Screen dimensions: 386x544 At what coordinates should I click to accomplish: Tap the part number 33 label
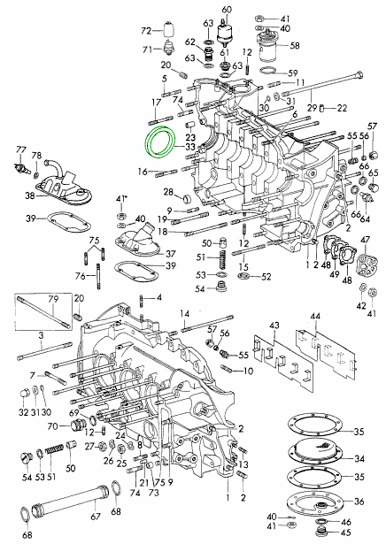190,147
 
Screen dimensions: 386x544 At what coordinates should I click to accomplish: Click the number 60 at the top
227,10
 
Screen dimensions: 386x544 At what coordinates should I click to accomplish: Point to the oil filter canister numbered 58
268,47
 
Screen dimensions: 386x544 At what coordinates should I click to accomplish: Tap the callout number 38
30,196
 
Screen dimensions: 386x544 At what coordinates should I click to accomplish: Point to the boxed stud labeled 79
43,312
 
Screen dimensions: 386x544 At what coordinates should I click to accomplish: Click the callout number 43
274,326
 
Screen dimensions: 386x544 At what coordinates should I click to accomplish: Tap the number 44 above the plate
315,317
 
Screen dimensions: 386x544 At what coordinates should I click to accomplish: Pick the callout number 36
359,502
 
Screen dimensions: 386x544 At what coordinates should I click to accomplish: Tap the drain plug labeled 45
322,532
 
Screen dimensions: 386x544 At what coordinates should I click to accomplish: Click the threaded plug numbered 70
76,425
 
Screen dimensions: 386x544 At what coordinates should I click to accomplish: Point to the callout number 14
185,314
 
